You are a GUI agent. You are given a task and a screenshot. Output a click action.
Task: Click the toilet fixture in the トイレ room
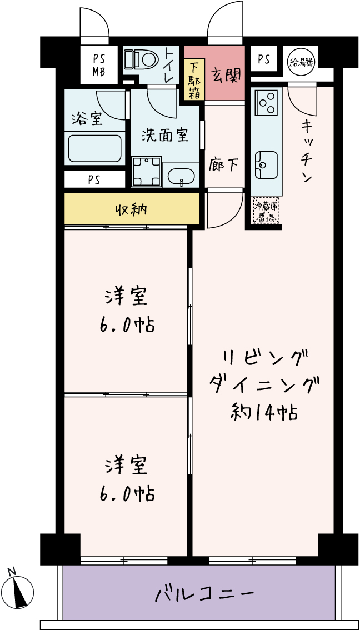(x=141, y=60)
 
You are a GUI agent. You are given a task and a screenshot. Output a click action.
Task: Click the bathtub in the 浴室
(x=95, y=149)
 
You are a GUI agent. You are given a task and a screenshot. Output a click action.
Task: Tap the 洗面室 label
(x=165, y=136)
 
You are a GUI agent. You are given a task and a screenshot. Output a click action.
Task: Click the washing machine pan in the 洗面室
(x=147, y=172)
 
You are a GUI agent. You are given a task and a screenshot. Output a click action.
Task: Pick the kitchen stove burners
(x=266, y=101)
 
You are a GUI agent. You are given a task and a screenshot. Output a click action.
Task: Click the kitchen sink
(x=266, y=164)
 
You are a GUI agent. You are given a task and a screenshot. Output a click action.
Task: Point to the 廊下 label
(x=224, y=165)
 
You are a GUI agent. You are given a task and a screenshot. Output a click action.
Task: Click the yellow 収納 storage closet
(x=132, y=209)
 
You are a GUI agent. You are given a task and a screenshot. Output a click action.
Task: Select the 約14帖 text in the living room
(x=264, y=412)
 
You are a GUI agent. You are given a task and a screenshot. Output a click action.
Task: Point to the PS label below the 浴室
(x=95, y=180)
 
